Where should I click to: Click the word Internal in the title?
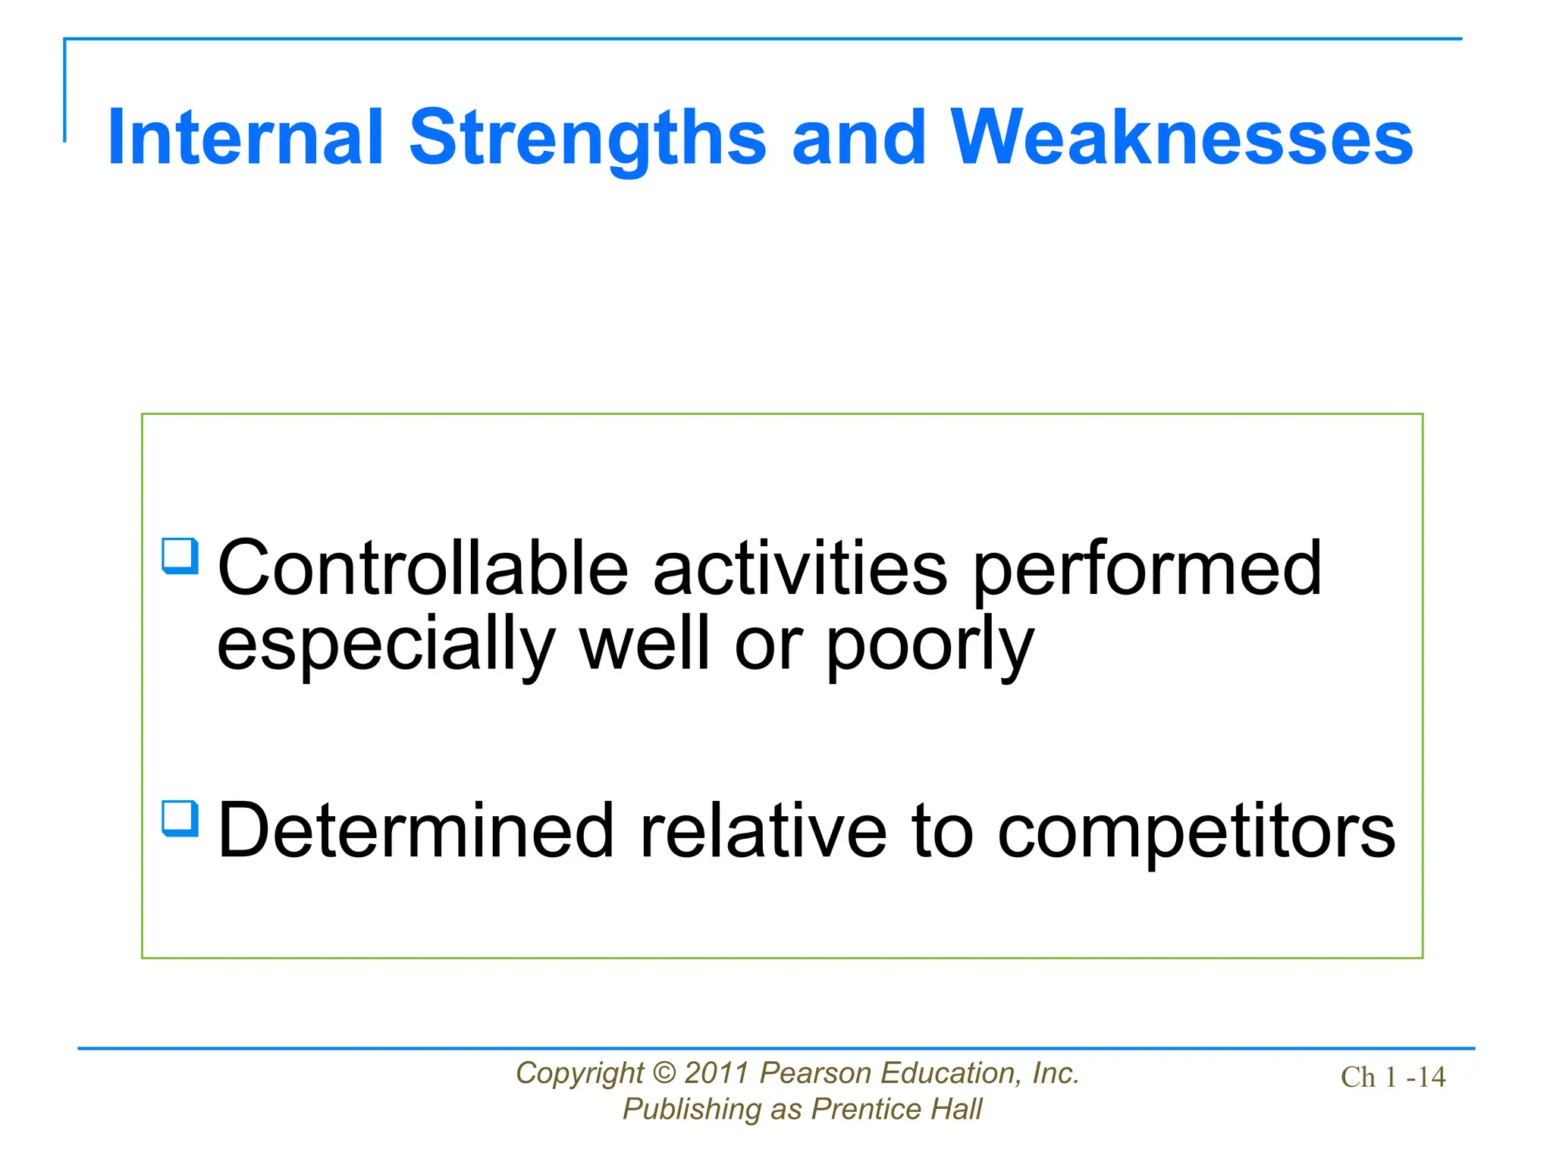tap(245, 137)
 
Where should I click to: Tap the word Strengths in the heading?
tap(588, 137)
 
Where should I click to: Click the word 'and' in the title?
tap(858, 137)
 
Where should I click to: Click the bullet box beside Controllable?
tap(180, 556)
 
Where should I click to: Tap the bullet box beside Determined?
tap(180, 819)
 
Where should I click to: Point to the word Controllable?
tap(422, 568)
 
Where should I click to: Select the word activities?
tap(799, 568)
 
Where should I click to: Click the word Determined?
tap(415, 831)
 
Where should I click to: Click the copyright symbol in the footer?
tap(664, 1073)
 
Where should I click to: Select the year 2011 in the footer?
tap(717, 1073)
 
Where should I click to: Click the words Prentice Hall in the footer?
tap(896, 1109)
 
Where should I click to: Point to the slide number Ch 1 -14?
tap(1392, 1077)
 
